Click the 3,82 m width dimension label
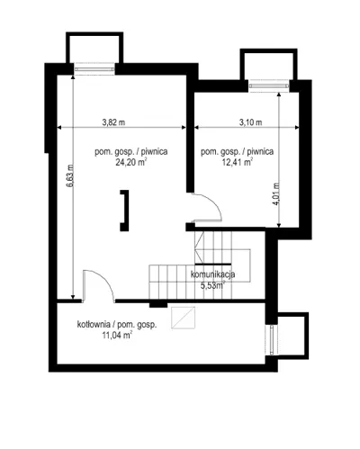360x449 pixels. tap(113, 122)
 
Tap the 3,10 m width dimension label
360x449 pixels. tap(250, 122)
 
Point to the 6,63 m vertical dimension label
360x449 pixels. tap(70, 175)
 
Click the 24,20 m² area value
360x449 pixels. tap(131, 162)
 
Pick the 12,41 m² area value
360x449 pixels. tap(237, 162)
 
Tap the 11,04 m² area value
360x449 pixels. tap(117, 335)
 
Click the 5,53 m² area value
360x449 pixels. tap(213, 285)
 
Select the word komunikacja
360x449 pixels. tap(212, 274)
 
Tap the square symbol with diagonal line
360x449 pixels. tap(183, 318)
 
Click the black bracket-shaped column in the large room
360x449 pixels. tap(125, 211)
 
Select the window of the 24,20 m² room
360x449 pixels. tap(94, 69)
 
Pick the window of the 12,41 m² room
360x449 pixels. tap(269, 85)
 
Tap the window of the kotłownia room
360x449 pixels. tap(272, 340)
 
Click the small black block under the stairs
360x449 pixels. tap(158, 304)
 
